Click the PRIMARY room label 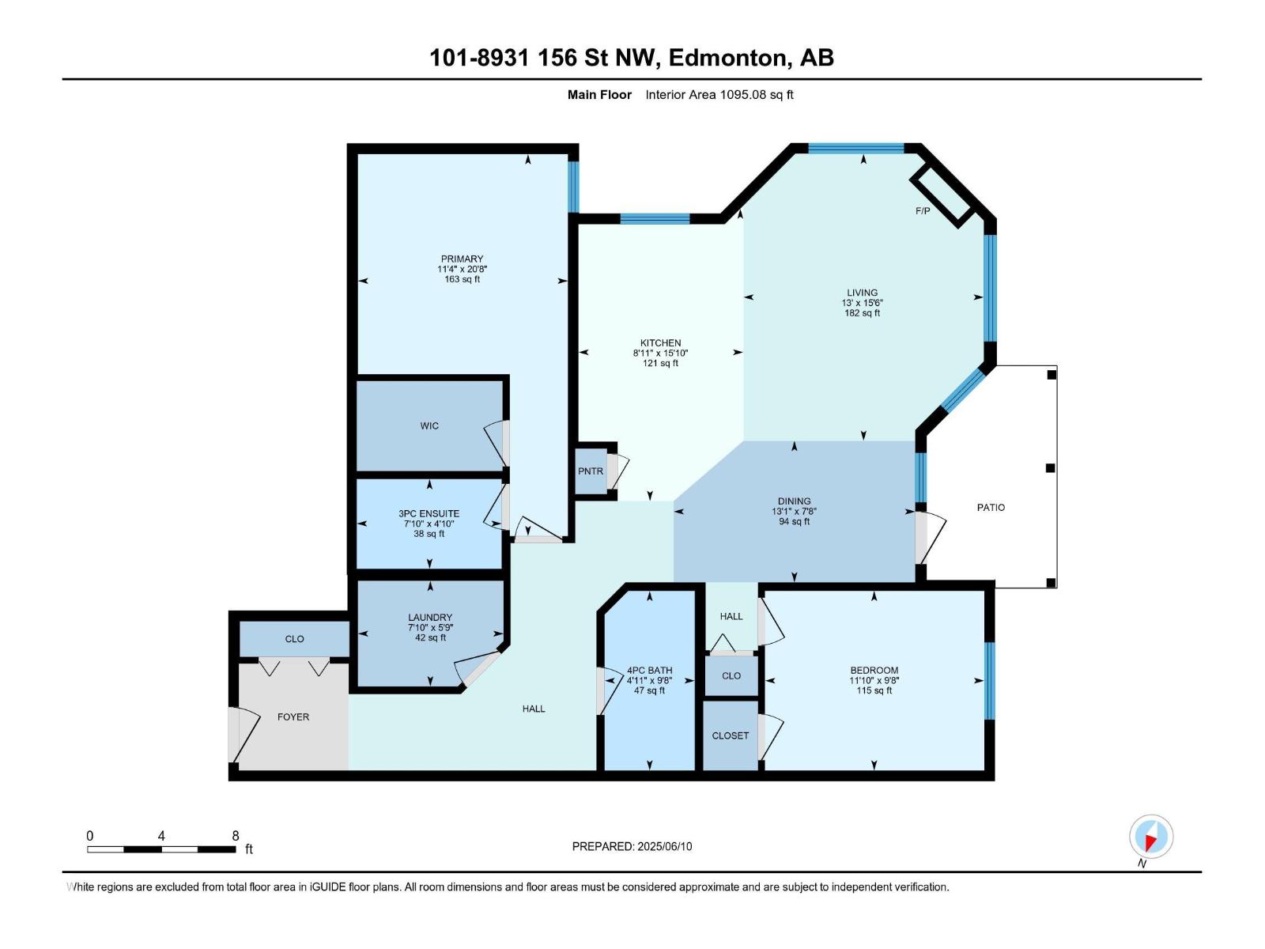tap(462, 259)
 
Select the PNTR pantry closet tap(591, 471)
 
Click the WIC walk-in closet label tap(429, 425)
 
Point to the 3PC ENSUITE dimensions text tap(429, 524)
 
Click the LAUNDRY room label tap(430, 617)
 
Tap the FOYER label tap(293, 716)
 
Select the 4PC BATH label tap(649, 670)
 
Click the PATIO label tap(991, 507)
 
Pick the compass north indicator tap(1151, 837)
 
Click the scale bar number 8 tap(236, 836)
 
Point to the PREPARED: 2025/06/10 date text tap(632, 846)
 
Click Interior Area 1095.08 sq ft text tap(719, 95)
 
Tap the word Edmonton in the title tap(727, 58)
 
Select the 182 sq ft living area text tap(862, 313)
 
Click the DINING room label tap(794, 501)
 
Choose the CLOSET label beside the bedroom tap(730, 735)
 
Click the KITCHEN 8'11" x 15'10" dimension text tap(660, 354)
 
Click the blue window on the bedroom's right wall tap(989, 680)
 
